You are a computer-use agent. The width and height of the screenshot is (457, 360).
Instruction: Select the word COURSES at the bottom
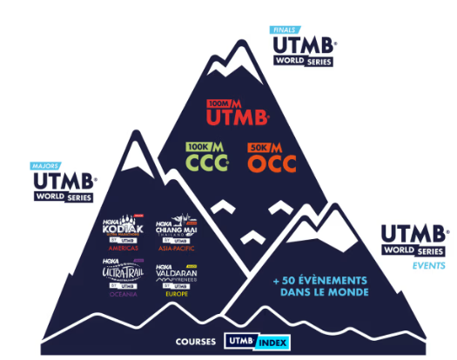(195, 342)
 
